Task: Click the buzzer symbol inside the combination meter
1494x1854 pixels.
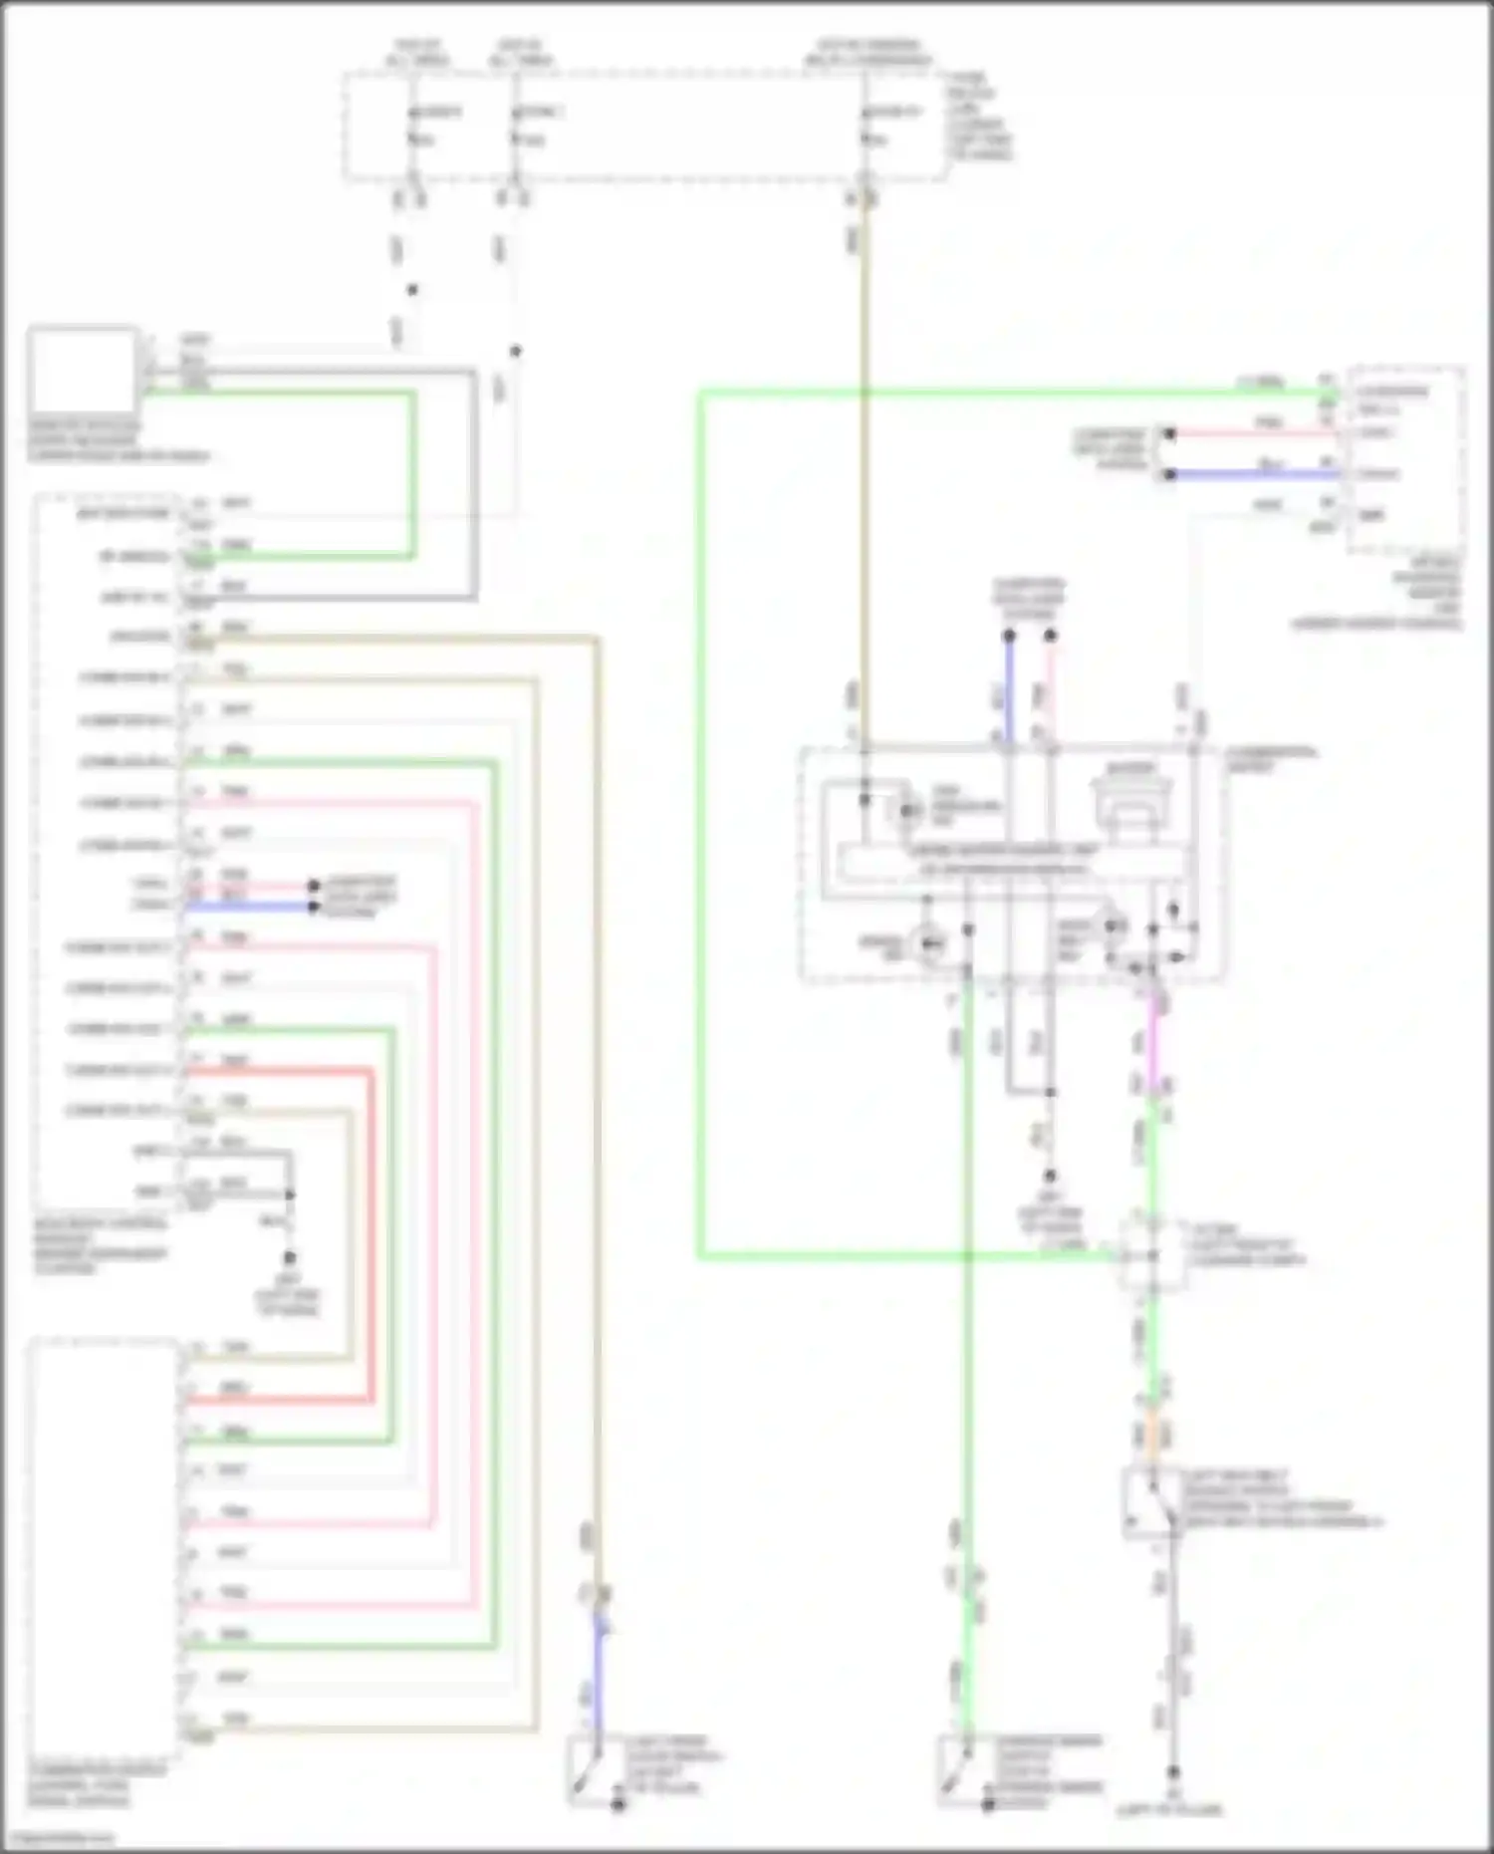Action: (x=1133, y=801)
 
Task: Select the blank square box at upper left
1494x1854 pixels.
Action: (x=83, y=370)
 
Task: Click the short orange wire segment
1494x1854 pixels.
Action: (x=1153, y=1435)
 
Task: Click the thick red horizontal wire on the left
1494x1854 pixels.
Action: (x=279, y=1071)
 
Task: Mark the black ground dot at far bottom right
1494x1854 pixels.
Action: (x=1172, y=1772)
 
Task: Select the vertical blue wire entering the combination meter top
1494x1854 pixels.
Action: (x=1009, y=692)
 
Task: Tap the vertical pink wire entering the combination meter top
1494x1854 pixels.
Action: (x=1050, y=692)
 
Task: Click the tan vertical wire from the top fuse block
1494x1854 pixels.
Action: (x=865, y=448)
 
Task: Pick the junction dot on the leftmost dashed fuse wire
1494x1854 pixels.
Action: (x=412, y=290)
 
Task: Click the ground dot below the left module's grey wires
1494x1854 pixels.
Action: (x=289, y=1257)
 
